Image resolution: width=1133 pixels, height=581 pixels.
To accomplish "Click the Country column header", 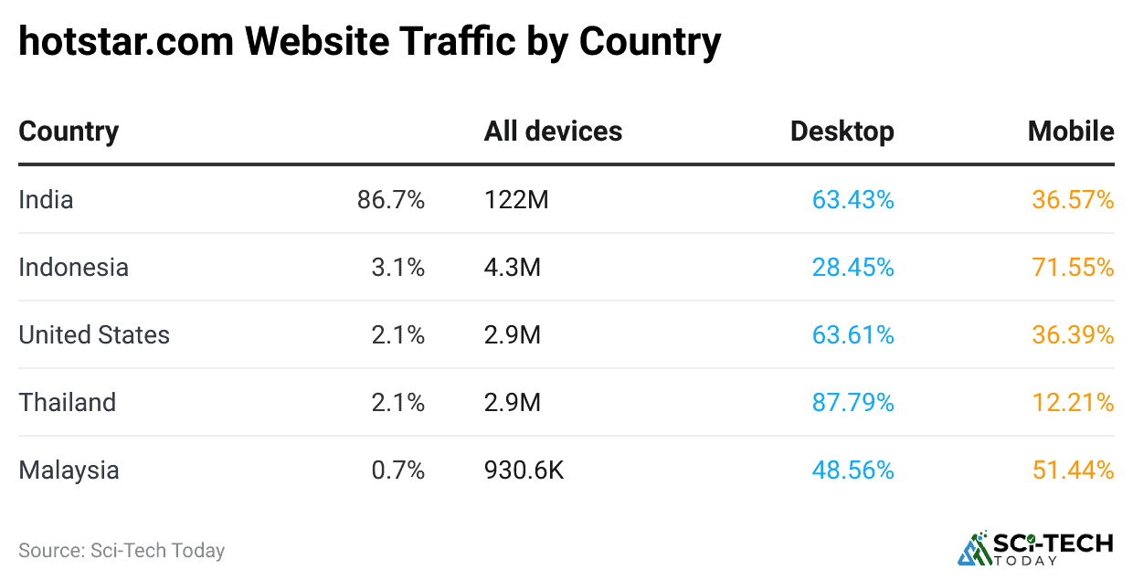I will tap(69, 132).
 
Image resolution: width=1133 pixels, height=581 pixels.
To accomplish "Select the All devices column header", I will tap(553, 132).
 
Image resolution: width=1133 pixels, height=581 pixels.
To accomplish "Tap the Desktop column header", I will tap(842, 132).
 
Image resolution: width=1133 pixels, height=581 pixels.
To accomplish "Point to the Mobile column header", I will tap(1070, 132).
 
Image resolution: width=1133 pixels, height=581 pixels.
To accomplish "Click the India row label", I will tap(46, 200).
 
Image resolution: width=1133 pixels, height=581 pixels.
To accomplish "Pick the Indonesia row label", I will tap(73, 268).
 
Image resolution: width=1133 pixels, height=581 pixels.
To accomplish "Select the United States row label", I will tap(94, 335).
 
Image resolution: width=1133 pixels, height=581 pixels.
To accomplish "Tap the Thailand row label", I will tap(67, 403).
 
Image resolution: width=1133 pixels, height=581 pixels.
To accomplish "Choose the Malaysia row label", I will tap(69, 470).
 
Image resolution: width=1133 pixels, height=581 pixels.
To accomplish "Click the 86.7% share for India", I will tap(391, 200).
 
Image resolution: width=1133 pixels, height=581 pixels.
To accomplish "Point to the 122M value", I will tap(516, 200).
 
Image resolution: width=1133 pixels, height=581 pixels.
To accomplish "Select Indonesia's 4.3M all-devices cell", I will tap(512, 268).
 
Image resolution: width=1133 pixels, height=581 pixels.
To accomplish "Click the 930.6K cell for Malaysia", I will tap(524, 470).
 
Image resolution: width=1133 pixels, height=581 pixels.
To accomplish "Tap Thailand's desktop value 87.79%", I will tap(852, 403).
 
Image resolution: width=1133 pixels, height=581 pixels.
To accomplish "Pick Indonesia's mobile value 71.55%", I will tap(1073, 268).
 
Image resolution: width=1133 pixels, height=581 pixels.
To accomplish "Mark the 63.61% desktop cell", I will tap(852, 335).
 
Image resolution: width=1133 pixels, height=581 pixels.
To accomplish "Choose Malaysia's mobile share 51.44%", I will tap(1073, 470).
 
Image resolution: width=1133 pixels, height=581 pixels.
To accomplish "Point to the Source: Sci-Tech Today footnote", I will tap(122, 551).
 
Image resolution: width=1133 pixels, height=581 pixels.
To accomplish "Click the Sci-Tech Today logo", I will tap(1034, 547).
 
